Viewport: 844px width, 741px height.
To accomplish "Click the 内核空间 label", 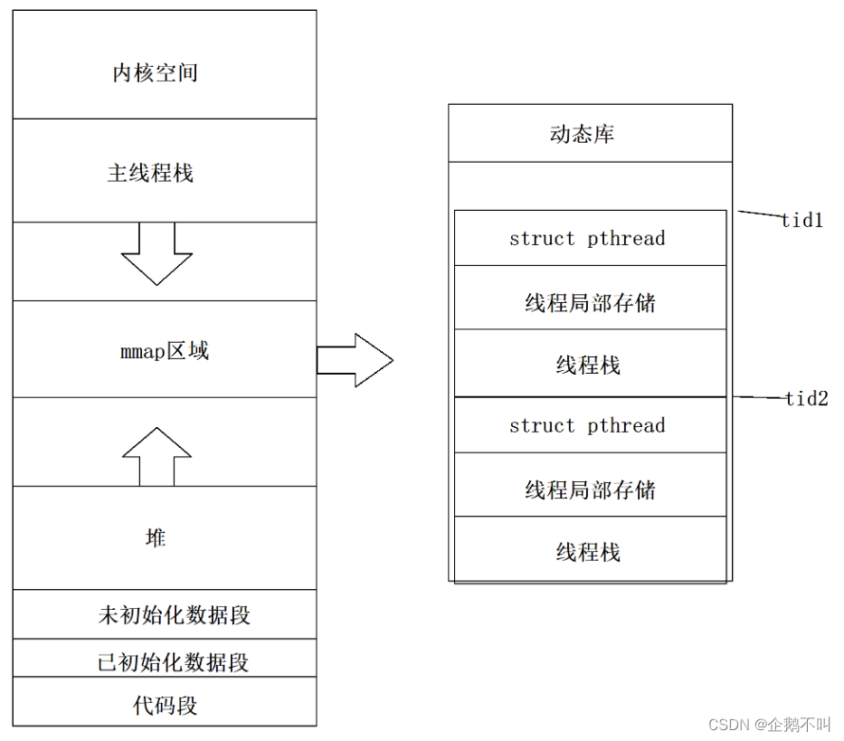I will tap(155, 73).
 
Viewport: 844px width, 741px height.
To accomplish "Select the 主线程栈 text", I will tap(150, 173).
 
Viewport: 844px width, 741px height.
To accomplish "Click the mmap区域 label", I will tap(165, 350).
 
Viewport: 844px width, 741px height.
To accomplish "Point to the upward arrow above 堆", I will tap(156, 455).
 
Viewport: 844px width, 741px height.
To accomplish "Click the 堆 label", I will tap(156, 537).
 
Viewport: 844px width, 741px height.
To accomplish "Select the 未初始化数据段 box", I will tap(165, 615).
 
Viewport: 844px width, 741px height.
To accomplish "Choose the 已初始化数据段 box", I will tap(165, 662).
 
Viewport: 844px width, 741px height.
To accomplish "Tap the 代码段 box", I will tap(165, 705).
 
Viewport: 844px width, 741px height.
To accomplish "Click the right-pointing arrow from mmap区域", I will tap(355, 360).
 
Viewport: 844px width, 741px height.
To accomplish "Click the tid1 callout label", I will tap(802, 220).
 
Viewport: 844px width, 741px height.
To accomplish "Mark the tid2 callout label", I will tap(806, 398).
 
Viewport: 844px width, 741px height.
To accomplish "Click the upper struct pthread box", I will tap(589, 238).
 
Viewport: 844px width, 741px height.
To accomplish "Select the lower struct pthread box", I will tap(589, 425).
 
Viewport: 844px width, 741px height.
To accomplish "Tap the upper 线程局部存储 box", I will tap(589, 302).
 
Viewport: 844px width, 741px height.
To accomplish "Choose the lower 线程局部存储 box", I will tap(589, 489).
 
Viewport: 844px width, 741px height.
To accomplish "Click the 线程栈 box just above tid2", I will tap(589, 365).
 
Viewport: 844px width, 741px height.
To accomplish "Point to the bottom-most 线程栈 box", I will tap(589, 551).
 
